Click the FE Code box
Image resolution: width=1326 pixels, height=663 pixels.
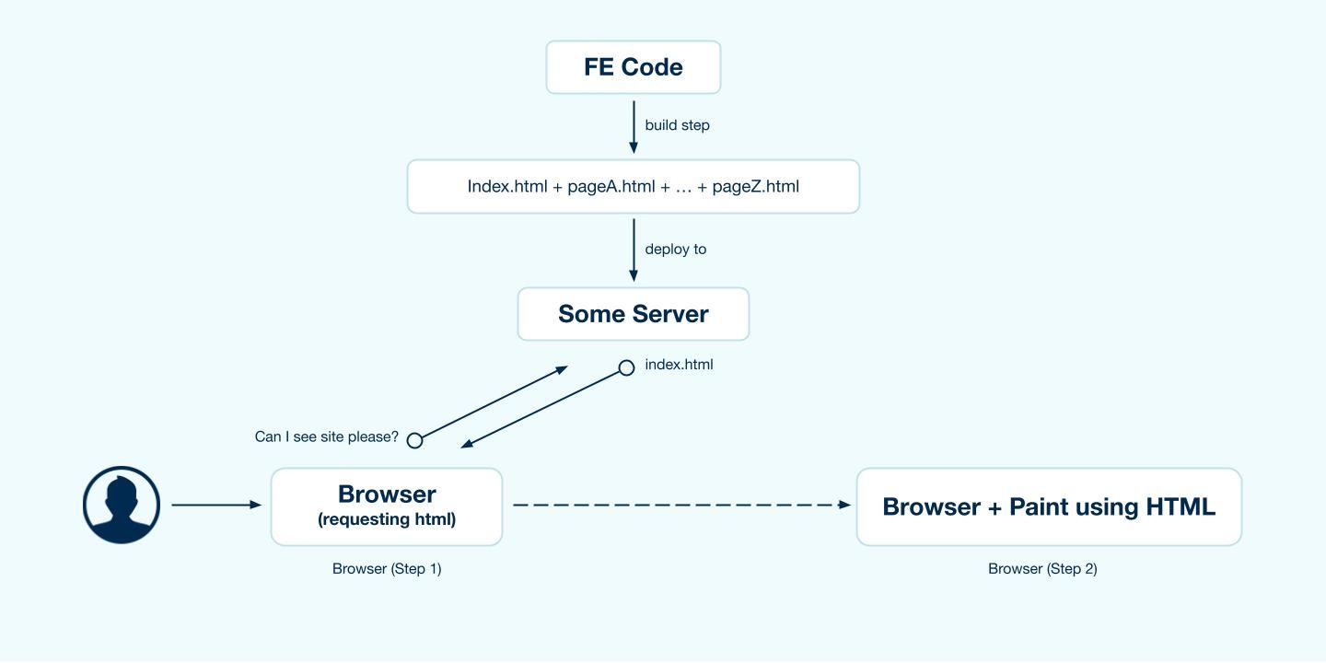coord(634,67)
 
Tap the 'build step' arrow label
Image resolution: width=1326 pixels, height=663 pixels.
coord(677,125)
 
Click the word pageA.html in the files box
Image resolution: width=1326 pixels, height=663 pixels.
coord(611,187)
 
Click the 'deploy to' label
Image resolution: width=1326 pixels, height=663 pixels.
coord(675,250)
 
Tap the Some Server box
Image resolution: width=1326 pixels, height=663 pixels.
coord(634,314)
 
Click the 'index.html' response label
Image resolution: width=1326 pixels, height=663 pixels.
coord(679,365)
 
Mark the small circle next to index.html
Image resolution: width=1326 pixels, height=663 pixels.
coord(626,368)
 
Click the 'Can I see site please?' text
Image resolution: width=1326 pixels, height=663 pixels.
coord(327,436)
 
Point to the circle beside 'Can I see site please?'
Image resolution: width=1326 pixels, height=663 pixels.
coord(415,440)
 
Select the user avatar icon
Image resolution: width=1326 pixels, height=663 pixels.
coord(122,505)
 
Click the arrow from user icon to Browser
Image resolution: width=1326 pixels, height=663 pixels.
coord(216,505)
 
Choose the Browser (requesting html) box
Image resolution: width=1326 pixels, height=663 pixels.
coord(387,506)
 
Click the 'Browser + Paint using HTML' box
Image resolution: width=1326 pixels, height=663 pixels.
coord(1049,506)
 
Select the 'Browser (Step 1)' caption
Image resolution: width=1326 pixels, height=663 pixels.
coord(387,569)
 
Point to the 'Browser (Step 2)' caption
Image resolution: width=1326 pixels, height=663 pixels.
coord(1042,569)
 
